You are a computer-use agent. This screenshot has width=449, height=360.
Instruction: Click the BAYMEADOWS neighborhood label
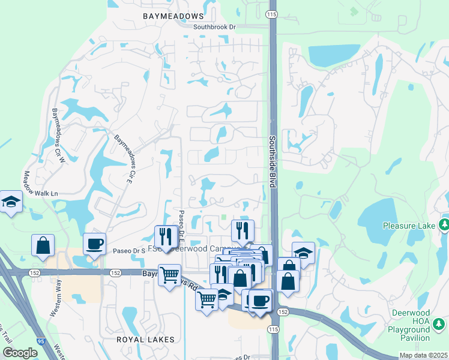(173, 16)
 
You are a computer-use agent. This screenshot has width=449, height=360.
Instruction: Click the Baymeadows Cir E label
(123, 159)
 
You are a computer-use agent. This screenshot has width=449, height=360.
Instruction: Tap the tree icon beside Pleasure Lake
(444, 226)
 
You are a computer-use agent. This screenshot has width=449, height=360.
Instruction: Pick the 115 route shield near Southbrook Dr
(273, 14)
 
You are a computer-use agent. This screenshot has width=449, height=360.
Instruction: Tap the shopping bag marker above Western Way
(43, 245)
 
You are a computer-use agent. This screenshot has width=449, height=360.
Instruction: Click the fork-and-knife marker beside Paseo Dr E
(166, 237)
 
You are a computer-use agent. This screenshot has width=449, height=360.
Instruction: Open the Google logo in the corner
(19, 353)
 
